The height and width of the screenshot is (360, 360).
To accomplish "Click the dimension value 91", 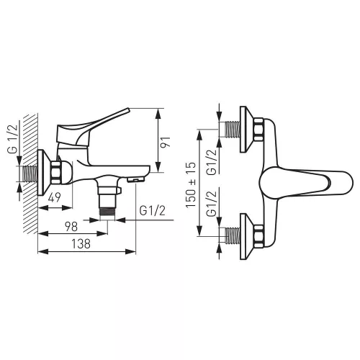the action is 166,142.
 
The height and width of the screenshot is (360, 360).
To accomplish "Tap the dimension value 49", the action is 55,197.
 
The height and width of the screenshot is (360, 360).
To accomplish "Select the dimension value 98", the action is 71,227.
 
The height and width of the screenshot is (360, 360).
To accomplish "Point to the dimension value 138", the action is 81,243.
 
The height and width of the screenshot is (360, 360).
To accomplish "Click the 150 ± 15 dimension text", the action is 191,185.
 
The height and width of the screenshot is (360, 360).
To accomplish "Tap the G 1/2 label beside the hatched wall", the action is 13,139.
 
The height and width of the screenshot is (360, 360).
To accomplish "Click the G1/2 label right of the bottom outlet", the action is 153,211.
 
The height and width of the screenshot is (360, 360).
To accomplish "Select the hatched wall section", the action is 31,174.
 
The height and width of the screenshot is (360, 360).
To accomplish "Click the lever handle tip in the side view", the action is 127,110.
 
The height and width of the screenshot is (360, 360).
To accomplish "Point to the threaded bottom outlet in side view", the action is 107,211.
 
